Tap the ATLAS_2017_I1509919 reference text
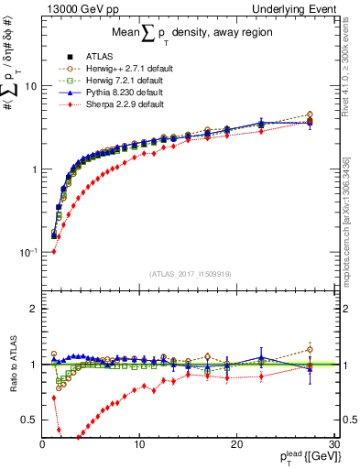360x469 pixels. [x=189, y=272]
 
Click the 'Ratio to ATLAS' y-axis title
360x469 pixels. [x=13, y=362]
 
